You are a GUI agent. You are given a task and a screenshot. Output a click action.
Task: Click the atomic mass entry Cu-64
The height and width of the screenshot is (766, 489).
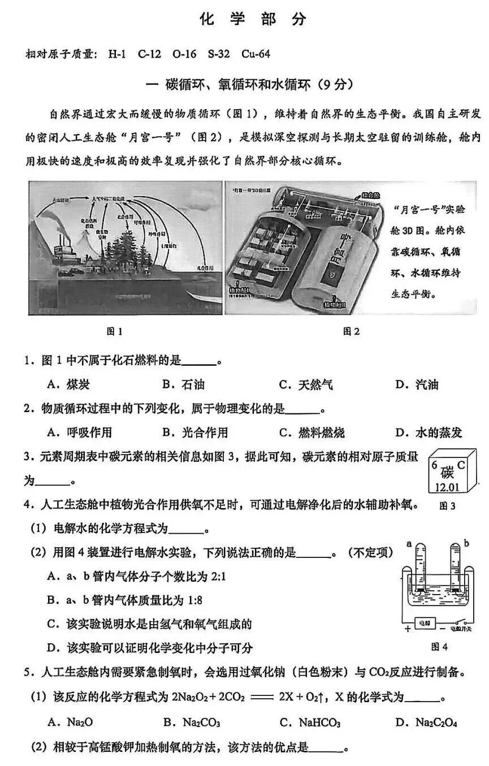point(256,54)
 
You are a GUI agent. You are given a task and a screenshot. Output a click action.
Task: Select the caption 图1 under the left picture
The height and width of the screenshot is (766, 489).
point(114,332)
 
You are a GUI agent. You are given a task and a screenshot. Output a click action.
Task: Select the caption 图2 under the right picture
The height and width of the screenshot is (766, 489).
point(351,332)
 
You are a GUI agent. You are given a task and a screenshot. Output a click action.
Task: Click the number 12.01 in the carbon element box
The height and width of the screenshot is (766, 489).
point(447,486)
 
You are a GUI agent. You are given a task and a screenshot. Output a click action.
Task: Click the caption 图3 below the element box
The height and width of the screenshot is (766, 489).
point(447,505)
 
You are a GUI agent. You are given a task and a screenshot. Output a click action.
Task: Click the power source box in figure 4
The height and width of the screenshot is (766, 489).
point(423,623)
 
